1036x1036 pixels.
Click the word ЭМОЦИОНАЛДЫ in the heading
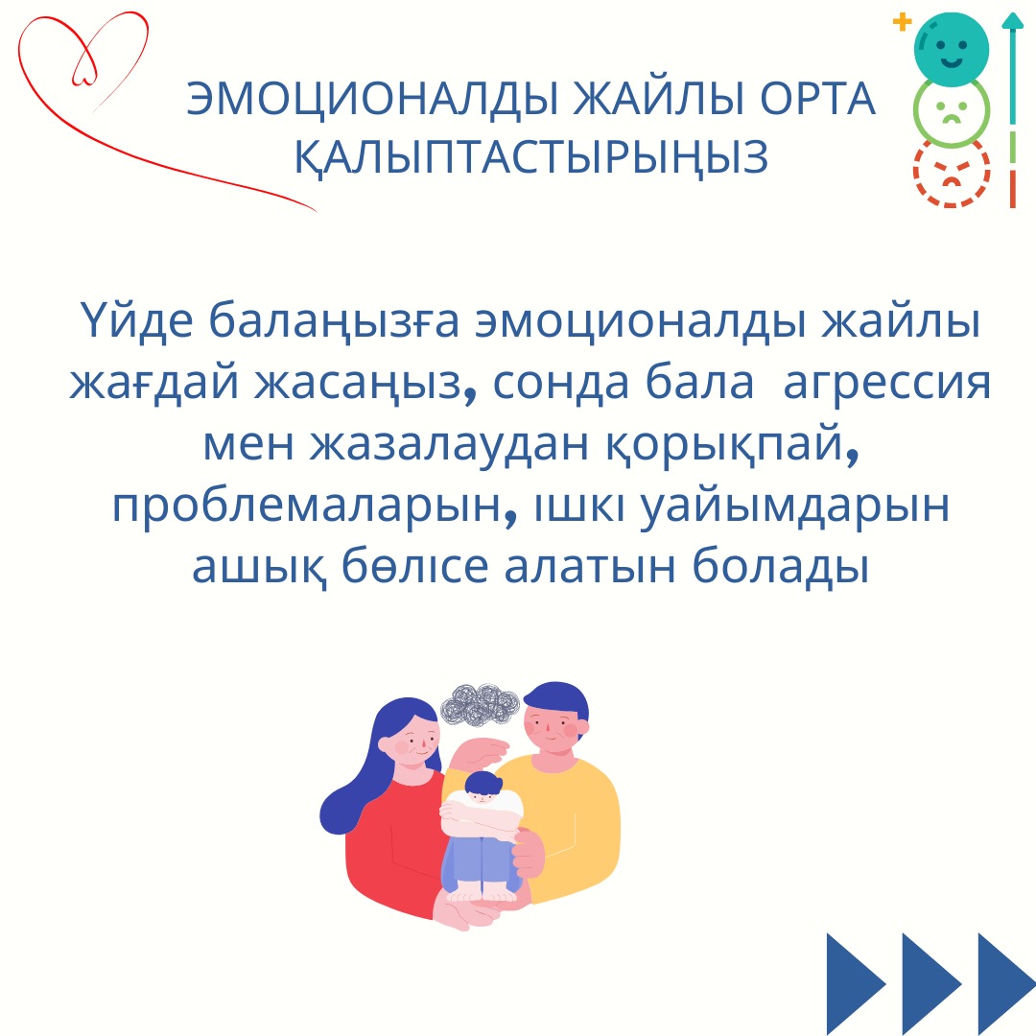coord(372,100)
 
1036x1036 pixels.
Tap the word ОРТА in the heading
coord(817,100)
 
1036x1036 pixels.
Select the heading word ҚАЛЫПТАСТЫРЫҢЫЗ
coord(530,158)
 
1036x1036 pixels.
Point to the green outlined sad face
coord(952,111)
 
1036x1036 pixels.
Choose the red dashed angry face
coord(952,173)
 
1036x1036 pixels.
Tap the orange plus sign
coord(902,22)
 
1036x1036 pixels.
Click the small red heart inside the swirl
coord(84,62)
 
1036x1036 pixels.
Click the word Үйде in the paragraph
coord(137,320)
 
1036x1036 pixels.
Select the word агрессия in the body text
coord(886,383)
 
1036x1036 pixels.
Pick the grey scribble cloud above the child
coord(480,705)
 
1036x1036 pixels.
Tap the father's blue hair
coord(557,699)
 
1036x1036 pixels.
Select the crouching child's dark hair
coord(483,783)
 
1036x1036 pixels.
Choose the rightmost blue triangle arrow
coord(1007,984)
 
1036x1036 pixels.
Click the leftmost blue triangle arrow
coord(855,984)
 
